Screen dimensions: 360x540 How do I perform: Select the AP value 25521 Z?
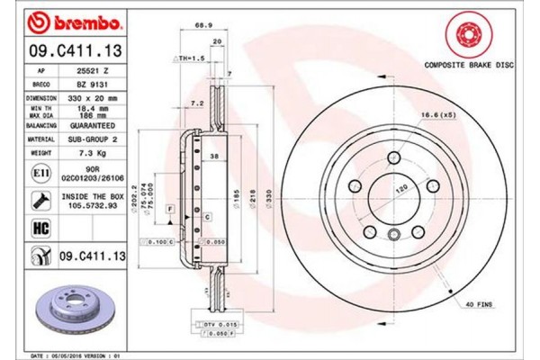click(93, 69)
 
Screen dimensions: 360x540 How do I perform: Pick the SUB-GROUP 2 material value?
click(93, 141)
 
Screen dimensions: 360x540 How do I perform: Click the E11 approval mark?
click(41, 171)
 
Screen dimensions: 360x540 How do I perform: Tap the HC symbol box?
click(41, 229)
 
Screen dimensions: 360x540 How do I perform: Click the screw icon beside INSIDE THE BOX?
click(41, 200)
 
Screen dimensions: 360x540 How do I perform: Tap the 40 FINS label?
click(480, 307)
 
